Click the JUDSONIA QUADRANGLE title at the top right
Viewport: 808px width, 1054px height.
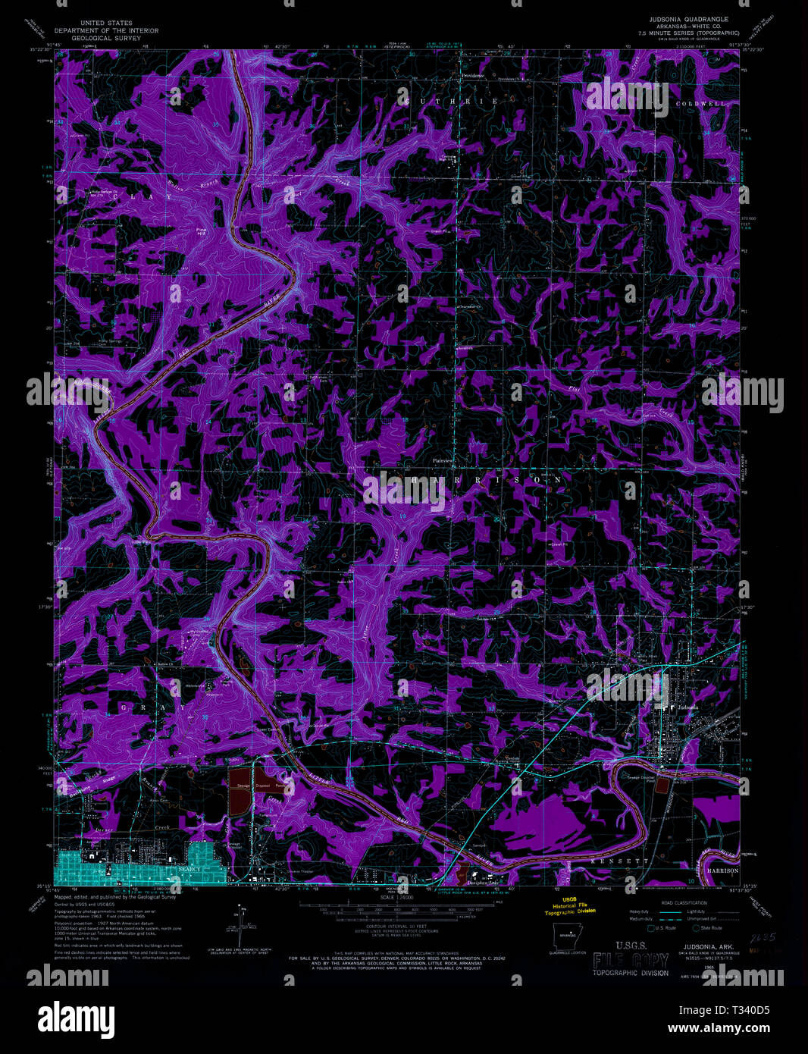pos(687,17)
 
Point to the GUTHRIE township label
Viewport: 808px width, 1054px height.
pos(453,102)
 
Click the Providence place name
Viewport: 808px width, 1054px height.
pos(474,77)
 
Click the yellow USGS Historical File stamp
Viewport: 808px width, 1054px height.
pos(574,906)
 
